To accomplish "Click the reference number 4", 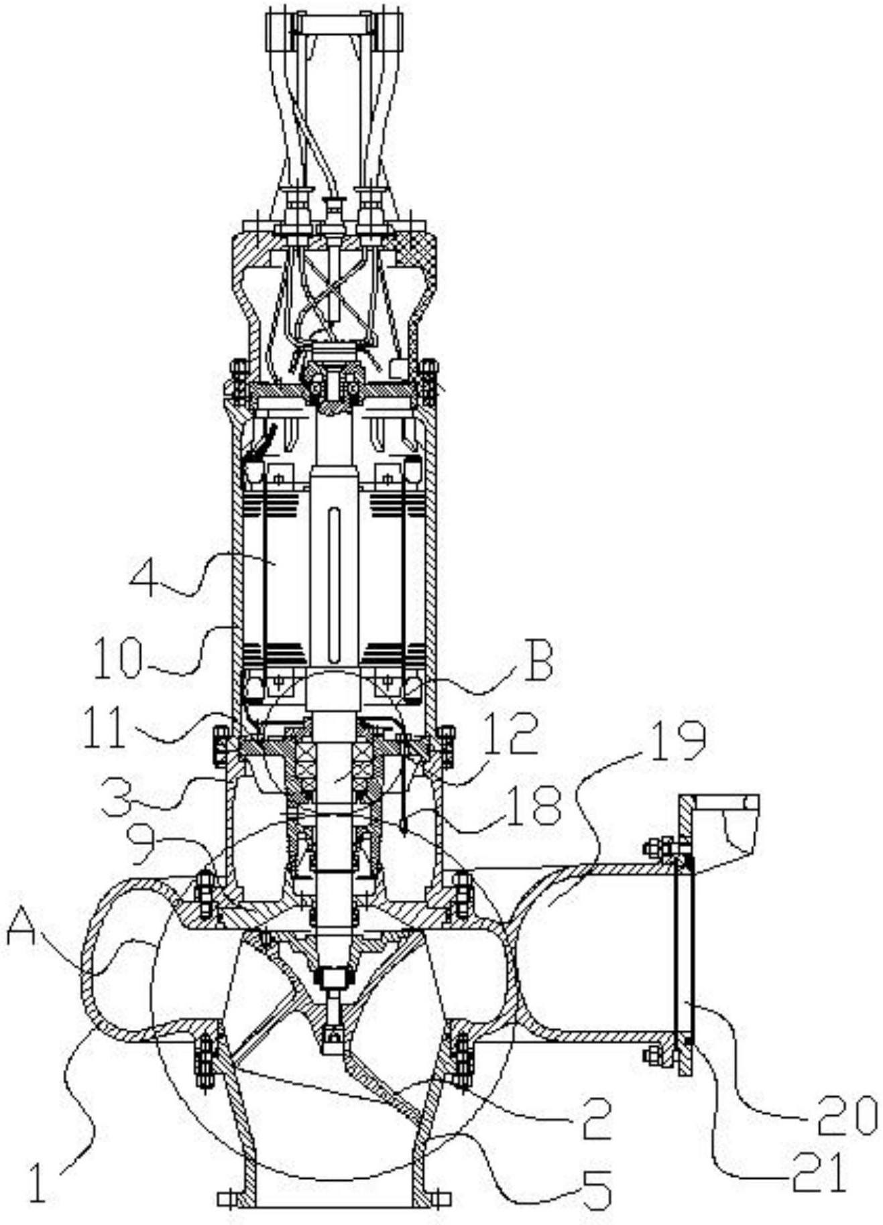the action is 143,575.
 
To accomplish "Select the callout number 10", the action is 118,659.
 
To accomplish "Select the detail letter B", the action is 539,660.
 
